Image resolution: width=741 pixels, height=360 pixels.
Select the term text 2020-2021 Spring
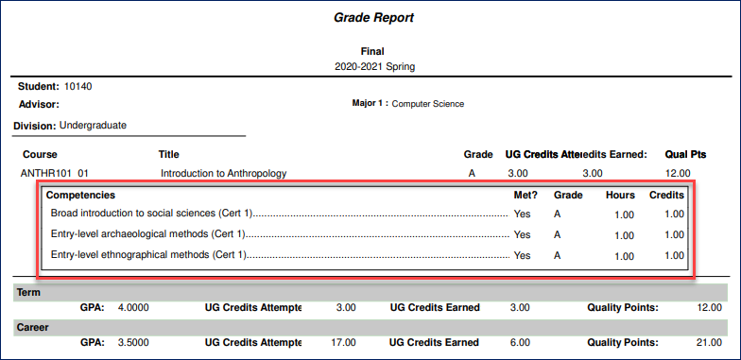pyautogui.click(x=374, y=67)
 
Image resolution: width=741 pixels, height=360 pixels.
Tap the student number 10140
pyautogui.click(x=78, y=87)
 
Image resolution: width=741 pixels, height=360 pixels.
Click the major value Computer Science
pyautogui.click(x=427, y=104)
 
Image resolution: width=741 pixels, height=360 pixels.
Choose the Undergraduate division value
pyautogui.click(x=93, y=125)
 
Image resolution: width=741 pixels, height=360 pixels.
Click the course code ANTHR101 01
pyautogui.click(x=55, y=173)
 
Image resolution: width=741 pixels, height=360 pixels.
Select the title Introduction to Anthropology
pyautogui.click(x=223, y=173)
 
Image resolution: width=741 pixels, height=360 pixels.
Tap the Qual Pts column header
pyautogui.click(x=685, y=154)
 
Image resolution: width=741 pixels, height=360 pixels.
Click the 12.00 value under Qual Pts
pyautogui.click(x=679, y=173)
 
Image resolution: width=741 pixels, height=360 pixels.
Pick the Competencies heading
pyautogui.click(x=81, y=195)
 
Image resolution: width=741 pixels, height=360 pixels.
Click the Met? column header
pyautogui.click(x=521, y=195)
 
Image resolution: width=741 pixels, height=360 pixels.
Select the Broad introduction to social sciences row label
pyautogui.click(x=151, y=214)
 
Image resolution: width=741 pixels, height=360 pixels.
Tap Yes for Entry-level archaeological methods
pyautogui.click(x=523, y=234)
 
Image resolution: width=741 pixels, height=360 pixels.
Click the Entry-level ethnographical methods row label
pyautogui.click(x=147, y=255)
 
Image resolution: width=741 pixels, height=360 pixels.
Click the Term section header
pyautogui.click(x=28, y=293)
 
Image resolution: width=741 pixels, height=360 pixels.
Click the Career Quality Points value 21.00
pyautogui.click(x=708, y=342)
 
